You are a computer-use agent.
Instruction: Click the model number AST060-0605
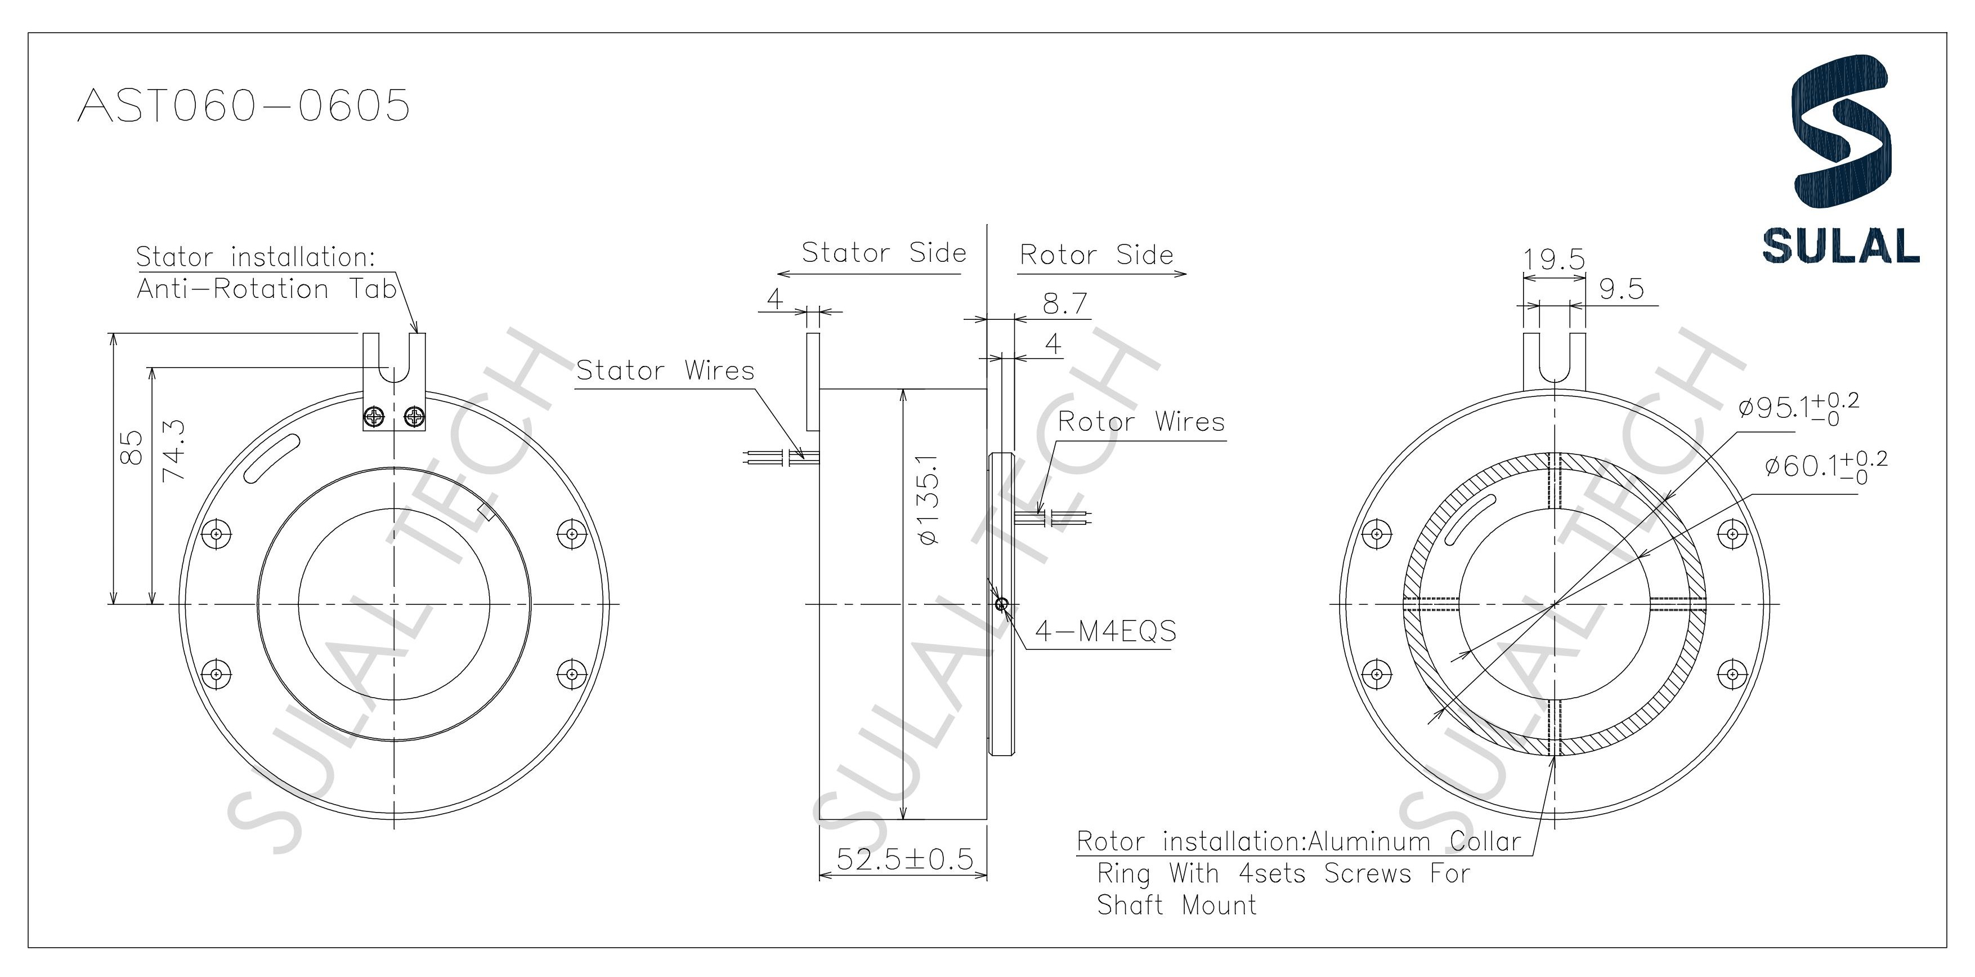click(x=244, y=105)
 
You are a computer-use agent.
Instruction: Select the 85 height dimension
click(x=132, y=447)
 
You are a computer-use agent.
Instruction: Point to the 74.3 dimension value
click(x=175, y=449)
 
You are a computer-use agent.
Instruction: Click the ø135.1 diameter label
click(x=929, y=500)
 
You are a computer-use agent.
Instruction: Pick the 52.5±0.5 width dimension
click(x=904, y=859)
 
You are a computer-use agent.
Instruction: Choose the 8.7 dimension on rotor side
click(x=1065, y=304)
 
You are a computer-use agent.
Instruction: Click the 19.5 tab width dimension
click(x=1553, y=259)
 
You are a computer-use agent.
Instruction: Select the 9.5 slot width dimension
click(x=1621, y=289)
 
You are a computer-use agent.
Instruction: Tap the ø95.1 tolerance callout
click(x=1797, y=407)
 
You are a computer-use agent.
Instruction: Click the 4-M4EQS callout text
click(x=1105, y=631)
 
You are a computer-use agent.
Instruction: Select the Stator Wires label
click(x=665, y=371)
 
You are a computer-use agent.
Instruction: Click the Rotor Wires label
click(x=1141, y=422)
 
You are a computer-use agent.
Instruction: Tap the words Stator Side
click(x=883, y=252)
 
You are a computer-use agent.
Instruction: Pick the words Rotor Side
click(x=1096, y=255)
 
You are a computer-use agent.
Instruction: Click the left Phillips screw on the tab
click(x=375, y=417)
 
